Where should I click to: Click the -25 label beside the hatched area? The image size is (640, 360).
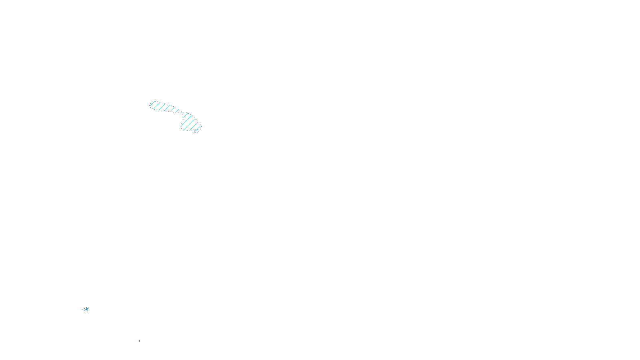tap(195, 131)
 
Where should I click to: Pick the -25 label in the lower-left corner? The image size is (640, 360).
tap(85, 310)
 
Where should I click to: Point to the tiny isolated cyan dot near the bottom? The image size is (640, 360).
tap(139, 341)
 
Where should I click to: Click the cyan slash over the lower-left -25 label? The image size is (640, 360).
tap(87, 309)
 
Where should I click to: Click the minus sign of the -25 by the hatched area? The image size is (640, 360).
tap(192, 131)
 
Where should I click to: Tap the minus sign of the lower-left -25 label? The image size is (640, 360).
tap(82, 310)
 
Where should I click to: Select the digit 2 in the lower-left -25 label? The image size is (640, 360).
tap(84, 310)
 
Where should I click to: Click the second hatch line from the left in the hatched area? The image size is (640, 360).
tap(156, 106)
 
